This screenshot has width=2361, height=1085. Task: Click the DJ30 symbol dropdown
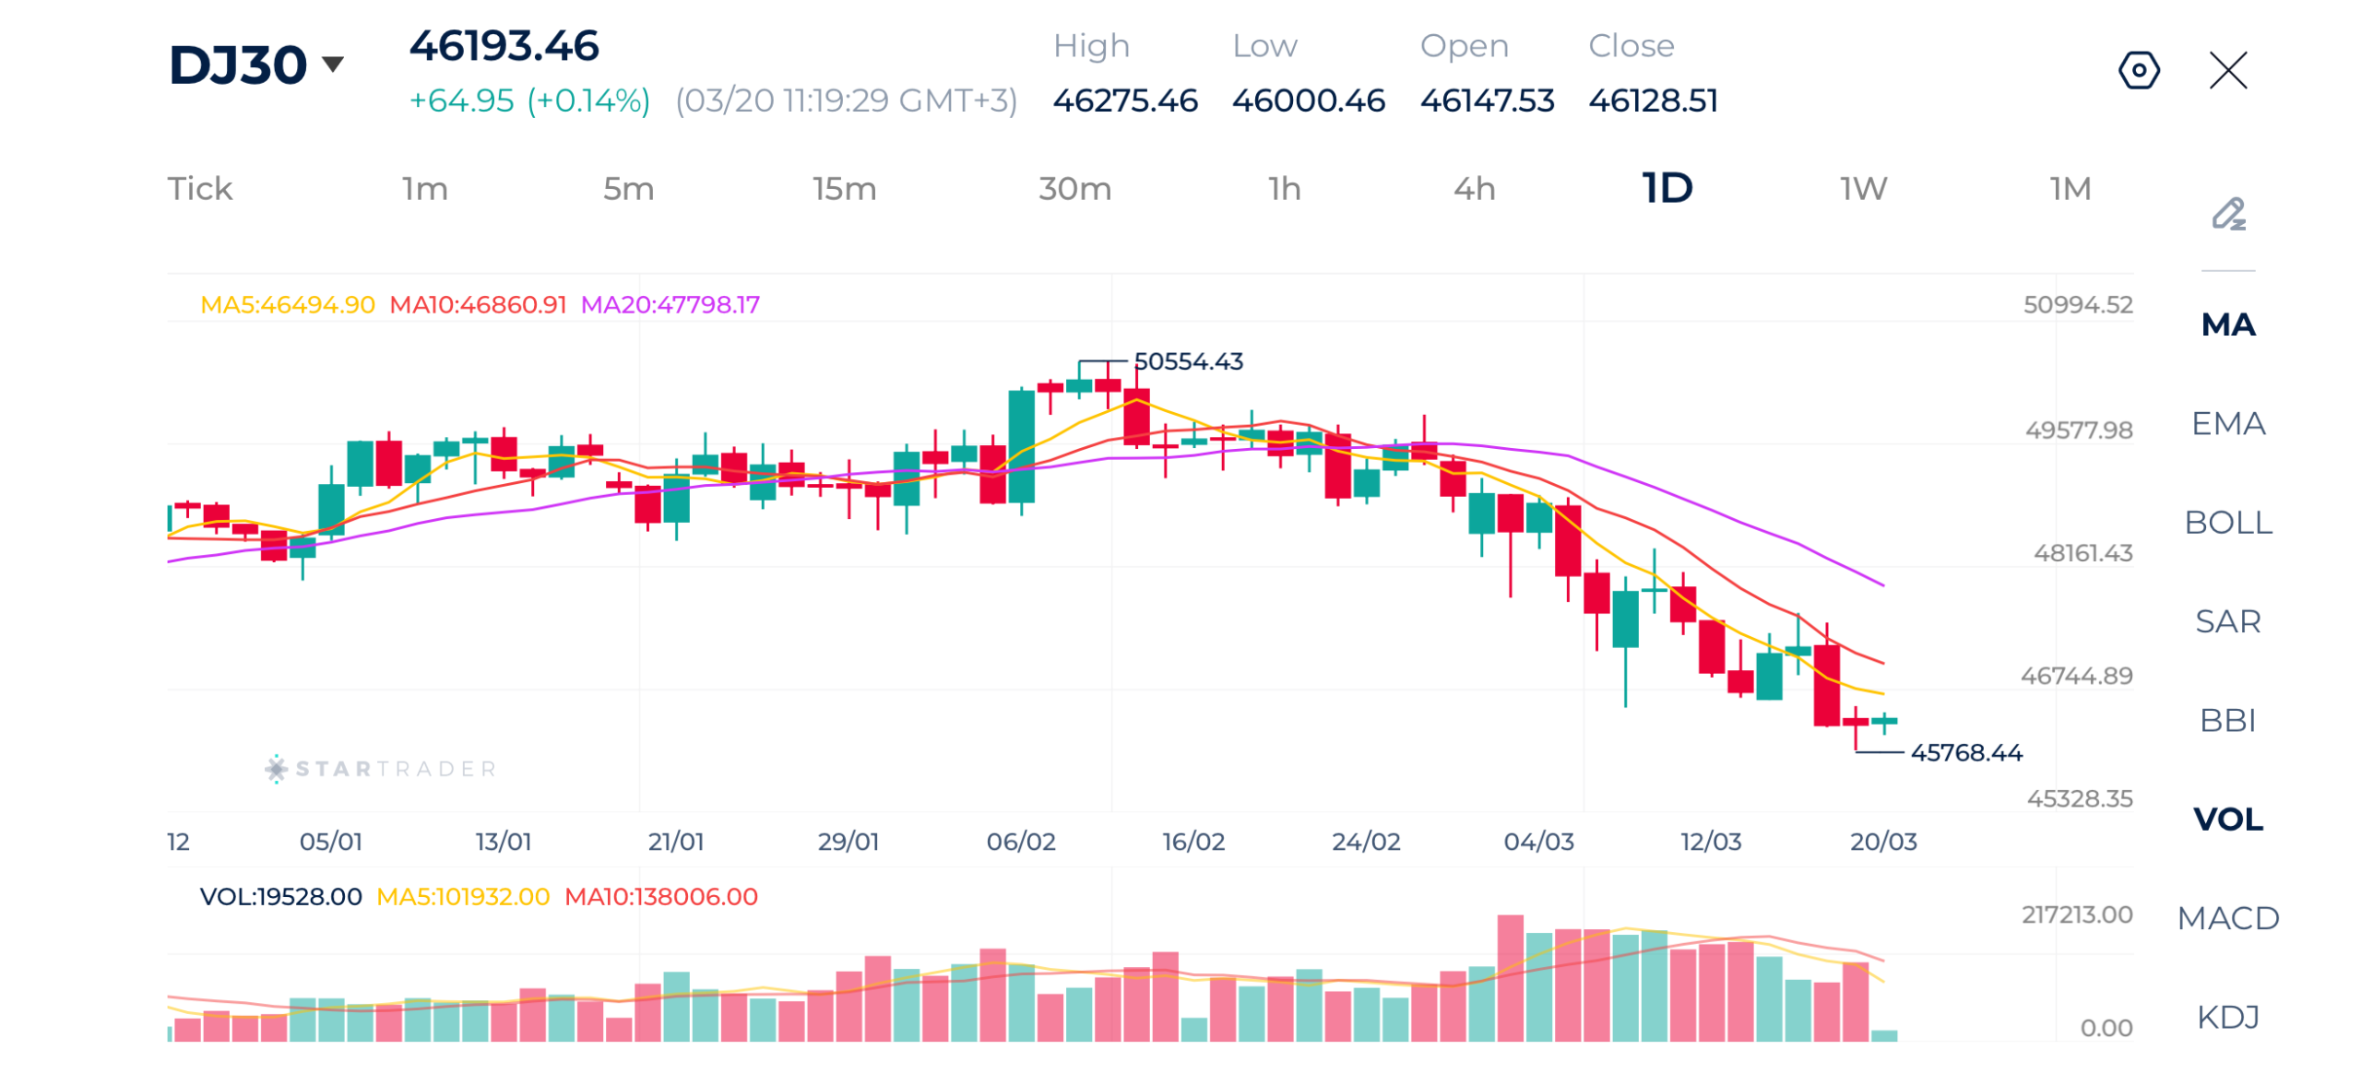tap(255, 65)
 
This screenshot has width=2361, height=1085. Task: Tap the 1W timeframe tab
tap(1863, 189)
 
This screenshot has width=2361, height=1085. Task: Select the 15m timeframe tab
tap(843, 189)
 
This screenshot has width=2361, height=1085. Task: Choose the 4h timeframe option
tap(1473, 189)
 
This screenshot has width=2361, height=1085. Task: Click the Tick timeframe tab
tap(199, 189)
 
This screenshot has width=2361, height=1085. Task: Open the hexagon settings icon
tap(2138, 70)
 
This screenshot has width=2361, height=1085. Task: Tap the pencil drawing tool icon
tap(2227, 214)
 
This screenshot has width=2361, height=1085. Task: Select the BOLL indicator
tap(2227, 523)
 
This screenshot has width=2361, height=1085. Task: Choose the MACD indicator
tap(2227, 918)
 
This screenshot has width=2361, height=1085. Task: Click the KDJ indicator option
tap(2227, 1017)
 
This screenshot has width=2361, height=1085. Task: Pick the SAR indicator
tap(2227, 621)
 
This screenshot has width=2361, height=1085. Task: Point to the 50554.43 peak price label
tap(1188, 361)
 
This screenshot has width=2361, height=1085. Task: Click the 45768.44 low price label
tap(1965, 753)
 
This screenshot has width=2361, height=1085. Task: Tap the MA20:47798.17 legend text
tap(670, 304)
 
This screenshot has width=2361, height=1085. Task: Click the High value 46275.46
tap(1124, 100)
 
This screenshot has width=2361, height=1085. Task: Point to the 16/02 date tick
tap(1192, 842)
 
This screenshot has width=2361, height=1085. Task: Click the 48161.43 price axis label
tap(2082, 553)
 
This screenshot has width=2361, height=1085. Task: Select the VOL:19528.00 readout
tap(280, 897)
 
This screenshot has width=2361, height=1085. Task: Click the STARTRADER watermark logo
tap(380, 769)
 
